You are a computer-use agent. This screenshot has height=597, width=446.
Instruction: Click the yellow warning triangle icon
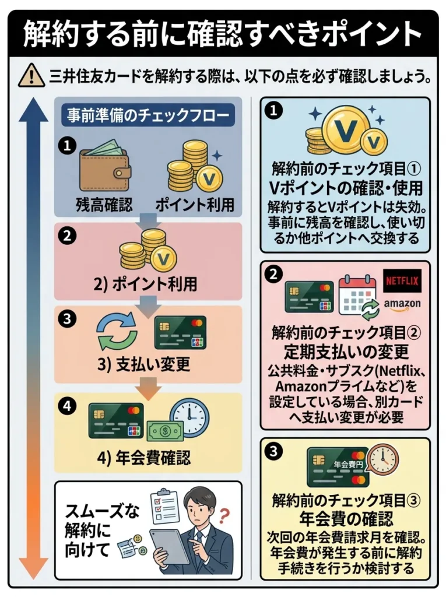31,75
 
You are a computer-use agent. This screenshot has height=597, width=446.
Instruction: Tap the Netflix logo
402,282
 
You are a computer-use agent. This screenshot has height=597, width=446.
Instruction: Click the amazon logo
402,304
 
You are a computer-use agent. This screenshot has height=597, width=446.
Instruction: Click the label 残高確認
104,205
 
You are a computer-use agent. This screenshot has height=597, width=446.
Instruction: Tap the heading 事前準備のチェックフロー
148,115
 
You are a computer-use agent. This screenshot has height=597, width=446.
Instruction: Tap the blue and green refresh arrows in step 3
117,331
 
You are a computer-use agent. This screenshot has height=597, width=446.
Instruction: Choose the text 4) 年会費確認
143,458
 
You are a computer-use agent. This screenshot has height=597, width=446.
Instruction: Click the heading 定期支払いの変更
346,352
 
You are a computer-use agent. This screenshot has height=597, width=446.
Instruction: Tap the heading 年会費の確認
346,518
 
